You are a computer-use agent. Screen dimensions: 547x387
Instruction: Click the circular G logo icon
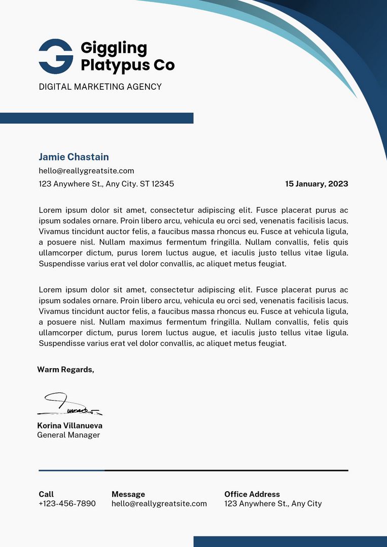pyautogui.click(x=56, y=56)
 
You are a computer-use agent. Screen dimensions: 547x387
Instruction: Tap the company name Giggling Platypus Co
pyautogui.click(x=127, y=57)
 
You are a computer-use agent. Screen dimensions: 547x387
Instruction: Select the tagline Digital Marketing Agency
pyautogui.click(x=100, y=87)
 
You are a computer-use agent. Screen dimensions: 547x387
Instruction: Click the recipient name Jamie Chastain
pyautogui.click(x=74, y=157)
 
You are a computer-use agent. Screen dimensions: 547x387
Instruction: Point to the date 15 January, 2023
pyautogui.click(x=316, y=184)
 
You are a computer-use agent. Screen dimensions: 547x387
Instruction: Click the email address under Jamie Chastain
pyautogui.click(x=86, y=171)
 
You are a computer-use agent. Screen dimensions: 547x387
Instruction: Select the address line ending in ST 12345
pyautogui.click(x=106, y=184)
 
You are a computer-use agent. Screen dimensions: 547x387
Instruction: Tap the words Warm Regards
pyautogui.click(x=65, y=370)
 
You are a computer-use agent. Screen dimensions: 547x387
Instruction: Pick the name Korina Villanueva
pyautogui.click(x=69, y=426)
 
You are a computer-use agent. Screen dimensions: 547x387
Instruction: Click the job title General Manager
pyautogui.click(x=68, y=435)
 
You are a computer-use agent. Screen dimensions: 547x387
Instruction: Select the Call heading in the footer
pyautogui.click(x=46, y=494)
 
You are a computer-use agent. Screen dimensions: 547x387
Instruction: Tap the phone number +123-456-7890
pyautogui.click(x=67, y=503)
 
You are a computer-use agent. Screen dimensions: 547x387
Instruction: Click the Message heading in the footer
pyautogui.click(x=128, y=494)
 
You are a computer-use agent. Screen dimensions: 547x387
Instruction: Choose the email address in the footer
pyautogui.click(x=159, y=503)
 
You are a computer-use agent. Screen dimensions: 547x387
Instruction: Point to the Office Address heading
pyautogui.click(x=252, y=494)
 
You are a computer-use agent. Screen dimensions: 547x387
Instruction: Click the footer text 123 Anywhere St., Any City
pyautogui.click(x=273, y=503)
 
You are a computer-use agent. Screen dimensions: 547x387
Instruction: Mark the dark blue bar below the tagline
pyautogui.click(x=96, y=118)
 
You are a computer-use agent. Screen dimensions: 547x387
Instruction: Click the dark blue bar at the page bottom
pyautogui.click(x=290, y=541)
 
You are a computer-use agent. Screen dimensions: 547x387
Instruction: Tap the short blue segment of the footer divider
pyautogui.click(x=72, y=471)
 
